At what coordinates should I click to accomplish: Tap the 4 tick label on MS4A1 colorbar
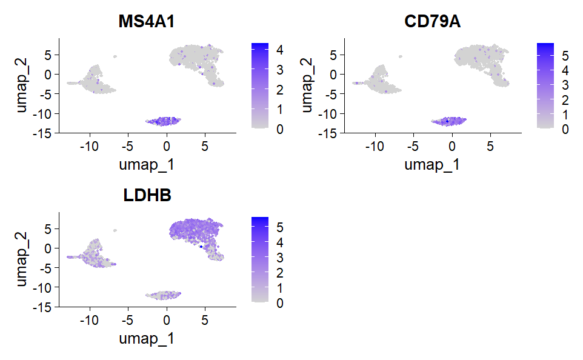click(x=279, y=51)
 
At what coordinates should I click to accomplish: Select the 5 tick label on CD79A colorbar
click(x=564, y=56)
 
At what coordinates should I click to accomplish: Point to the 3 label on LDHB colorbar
click(x=279, y=258)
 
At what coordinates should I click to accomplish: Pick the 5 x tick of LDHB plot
click(x=205, y=319)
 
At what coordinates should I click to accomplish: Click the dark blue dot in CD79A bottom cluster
click(x=447, y=121)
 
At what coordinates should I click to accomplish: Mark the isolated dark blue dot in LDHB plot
click(x=201, y=247)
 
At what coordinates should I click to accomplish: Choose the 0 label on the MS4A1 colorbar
click(x=279, y=128)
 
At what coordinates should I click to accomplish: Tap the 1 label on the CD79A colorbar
click(x=564, y=114)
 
